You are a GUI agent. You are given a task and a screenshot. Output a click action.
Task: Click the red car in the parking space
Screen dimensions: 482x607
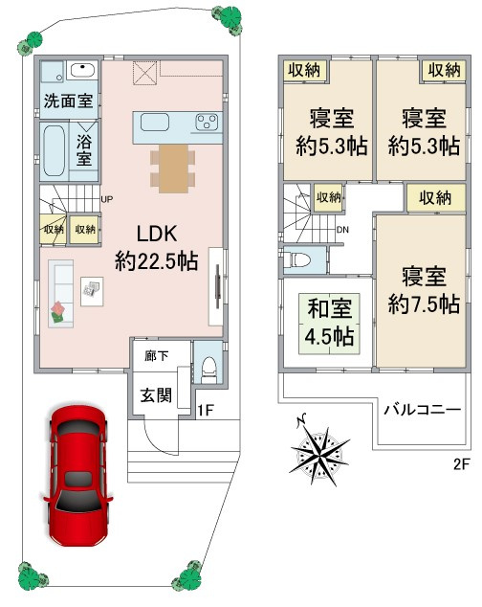(x=77, y=475)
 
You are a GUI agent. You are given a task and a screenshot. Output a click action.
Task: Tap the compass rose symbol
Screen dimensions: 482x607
(x=319, y=452)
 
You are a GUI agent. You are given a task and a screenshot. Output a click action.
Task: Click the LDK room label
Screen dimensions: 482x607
(x=157, y=234)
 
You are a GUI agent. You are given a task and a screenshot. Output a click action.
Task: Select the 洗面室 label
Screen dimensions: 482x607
(x=69, y=101)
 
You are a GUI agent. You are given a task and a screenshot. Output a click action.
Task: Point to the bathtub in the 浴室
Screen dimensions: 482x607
(x=54, y=150)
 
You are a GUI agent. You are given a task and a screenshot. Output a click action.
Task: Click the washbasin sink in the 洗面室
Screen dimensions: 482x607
(x=83, y=71)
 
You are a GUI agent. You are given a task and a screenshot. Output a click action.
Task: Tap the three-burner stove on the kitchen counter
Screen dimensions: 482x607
(x=207, y=122)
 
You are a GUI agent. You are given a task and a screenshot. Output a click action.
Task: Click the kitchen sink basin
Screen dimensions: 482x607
(x=155, y=122)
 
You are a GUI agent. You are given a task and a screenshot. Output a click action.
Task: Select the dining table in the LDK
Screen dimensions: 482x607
(x=174, y=169)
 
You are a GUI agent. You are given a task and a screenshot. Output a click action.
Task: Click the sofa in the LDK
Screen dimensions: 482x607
(x=61, y=294)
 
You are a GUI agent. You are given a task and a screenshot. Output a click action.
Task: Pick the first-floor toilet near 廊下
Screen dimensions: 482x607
(x=209, y=370)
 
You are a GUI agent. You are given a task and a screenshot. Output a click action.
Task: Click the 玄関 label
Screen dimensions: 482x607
(x=156, y=395)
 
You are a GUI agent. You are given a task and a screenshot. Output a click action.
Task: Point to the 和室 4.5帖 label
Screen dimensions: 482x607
(x=329, y=323)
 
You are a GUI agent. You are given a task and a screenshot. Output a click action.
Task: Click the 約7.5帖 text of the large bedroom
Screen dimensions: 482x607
(x=424, y=303)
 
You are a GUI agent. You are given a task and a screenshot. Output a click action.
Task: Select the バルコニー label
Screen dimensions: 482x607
(x=423, y=409)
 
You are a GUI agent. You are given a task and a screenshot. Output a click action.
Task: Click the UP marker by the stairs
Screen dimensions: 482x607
(x=107, y=199)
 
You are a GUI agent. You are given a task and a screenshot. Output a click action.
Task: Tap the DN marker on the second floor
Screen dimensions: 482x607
(x=342, y=230)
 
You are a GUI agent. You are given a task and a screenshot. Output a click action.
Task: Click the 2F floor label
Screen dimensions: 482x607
(x=462, y=463)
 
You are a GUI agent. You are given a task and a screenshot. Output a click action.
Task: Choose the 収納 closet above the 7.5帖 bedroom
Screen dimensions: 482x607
(x=435, y=198)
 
